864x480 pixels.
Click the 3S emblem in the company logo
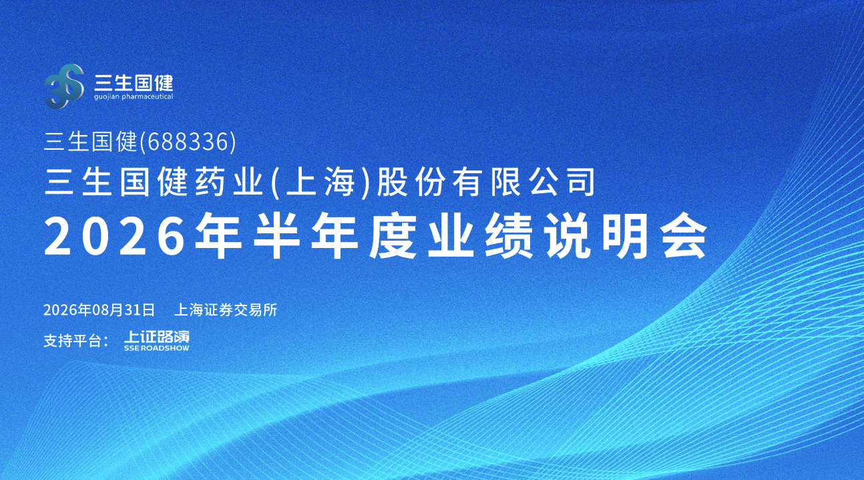click(x=64, y=86)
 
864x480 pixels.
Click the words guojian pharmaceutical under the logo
click(x=134, y=96)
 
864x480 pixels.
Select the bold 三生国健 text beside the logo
click(x=134, y=82)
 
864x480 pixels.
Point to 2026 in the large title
click(x=115, y=235)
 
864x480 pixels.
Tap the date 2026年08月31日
click(x=99, y=310)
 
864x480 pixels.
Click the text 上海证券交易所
click(x=226, y=310)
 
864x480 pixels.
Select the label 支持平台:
click(x=76, y=340)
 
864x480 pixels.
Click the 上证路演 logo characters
click(x=157, y=337)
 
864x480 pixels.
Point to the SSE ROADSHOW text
click(x=157, y=348)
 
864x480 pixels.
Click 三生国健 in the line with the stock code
click(x=90, y=142)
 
